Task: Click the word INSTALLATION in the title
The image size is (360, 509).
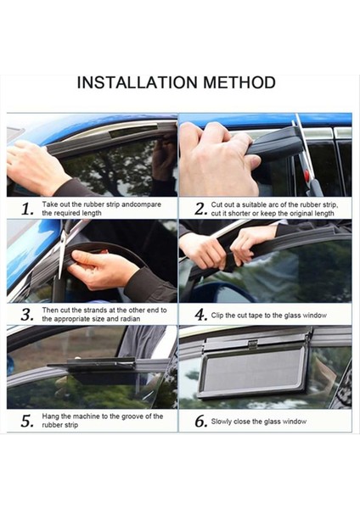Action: click(x=137, y=82)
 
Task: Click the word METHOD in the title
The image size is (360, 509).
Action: click(x=239, y=82)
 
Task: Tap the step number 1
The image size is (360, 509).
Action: click(x=27, y=209)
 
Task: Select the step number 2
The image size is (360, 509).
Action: click(x=200, y=209)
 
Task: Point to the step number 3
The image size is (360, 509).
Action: click(x=27, y=315)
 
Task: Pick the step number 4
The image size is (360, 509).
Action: click(x=200, y=315)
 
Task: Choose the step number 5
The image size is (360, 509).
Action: click(x=27, y=421)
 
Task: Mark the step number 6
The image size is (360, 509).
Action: click(x=200, y=421)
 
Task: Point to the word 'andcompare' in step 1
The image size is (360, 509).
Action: click(x=141, y=204)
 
